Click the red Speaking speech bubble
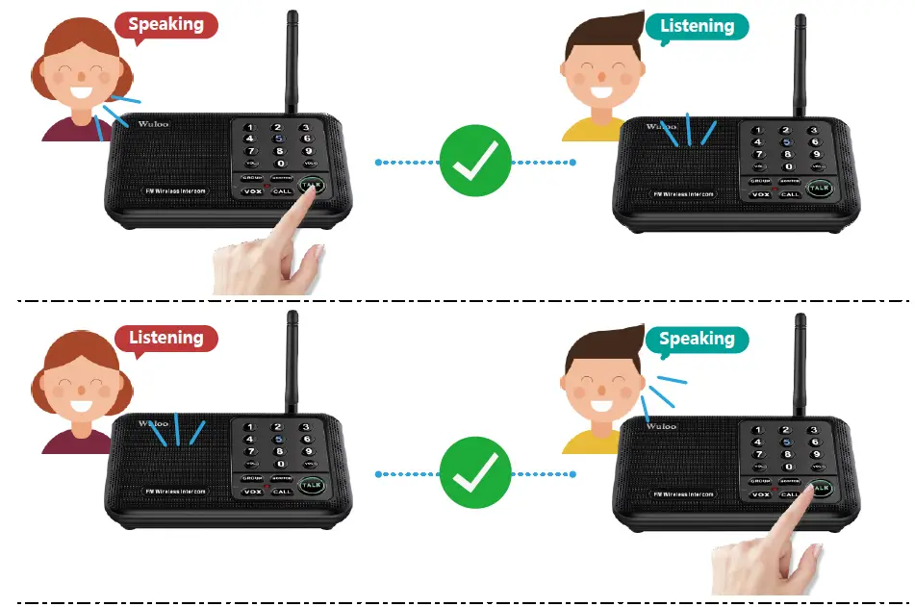pos(165,24)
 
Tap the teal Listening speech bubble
pos(697,26)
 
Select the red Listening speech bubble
pos(165,338)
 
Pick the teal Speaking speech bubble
pos(697,339)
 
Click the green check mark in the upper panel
pos(474,162)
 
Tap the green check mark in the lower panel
pos(474,473)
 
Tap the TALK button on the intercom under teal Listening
pos(818,188)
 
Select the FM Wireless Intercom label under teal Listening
pos(684,194)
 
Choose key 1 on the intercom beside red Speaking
pos(250,128)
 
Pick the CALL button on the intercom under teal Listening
pos(790,194)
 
